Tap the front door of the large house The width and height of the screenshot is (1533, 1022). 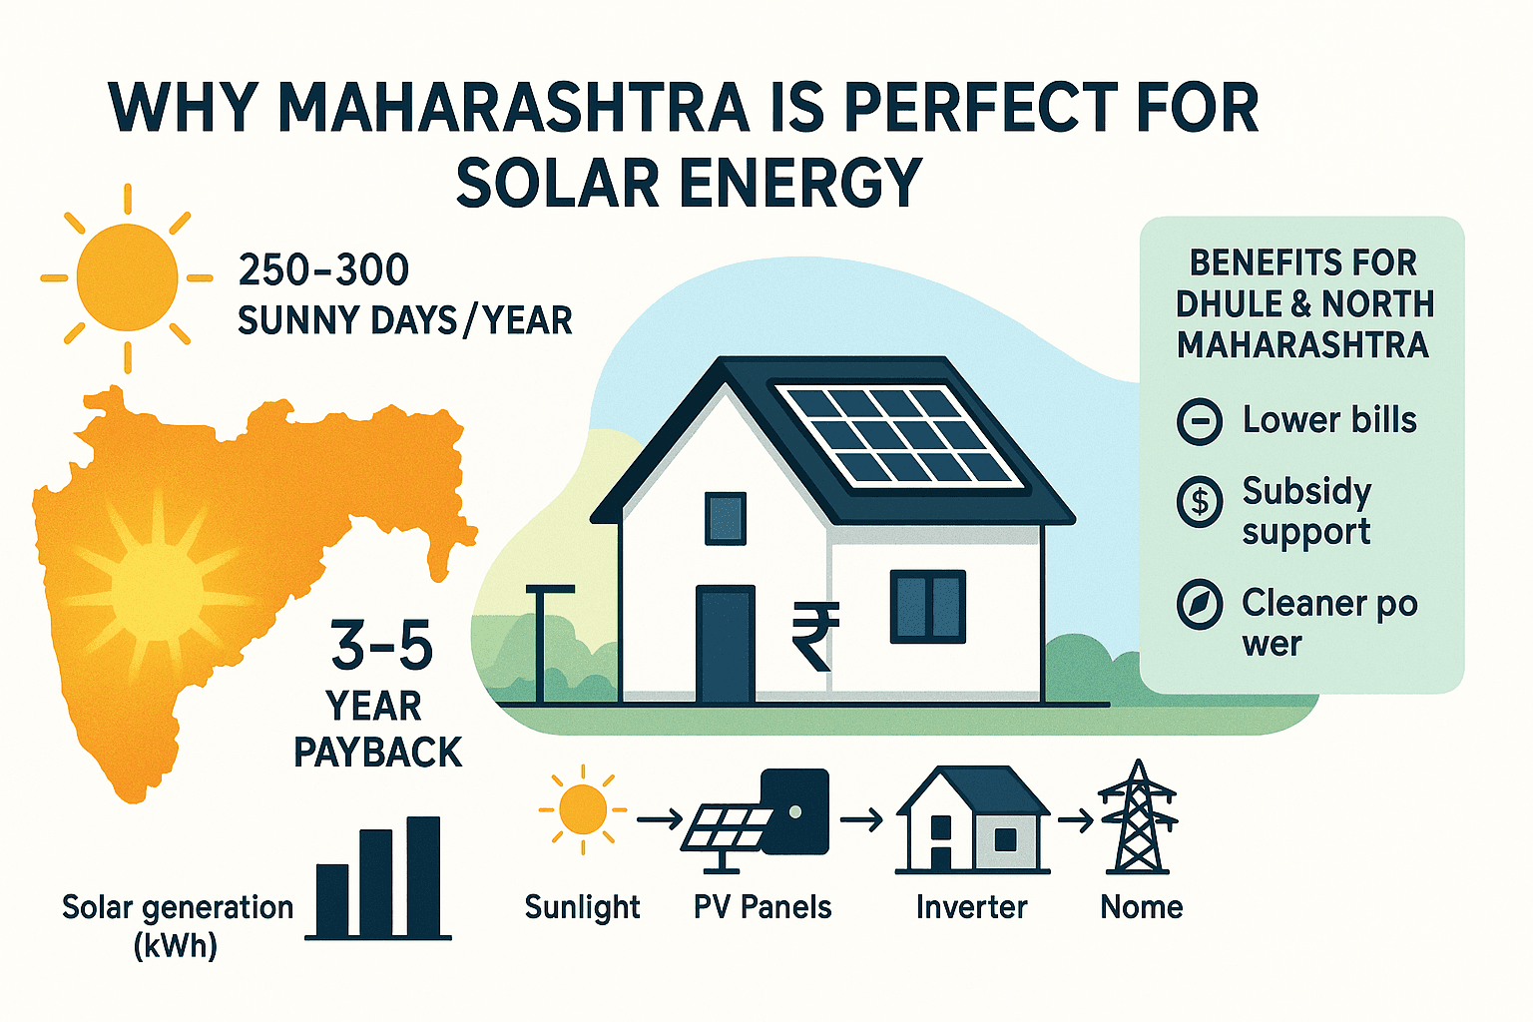725,645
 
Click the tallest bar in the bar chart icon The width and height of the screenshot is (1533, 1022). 423,876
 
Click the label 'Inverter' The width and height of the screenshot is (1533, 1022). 971,907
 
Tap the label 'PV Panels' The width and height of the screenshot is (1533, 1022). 763,907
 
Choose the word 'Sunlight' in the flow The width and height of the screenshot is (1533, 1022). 582,907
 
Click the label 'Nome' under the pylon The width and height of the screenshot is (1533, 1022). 1141,907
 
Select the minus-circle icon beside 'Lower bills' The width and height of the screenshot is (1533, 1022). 1199,421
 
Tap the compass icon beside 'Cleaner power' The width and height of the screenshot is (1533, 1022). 1199,604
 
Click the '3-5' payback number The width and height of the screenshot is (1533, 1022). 382,646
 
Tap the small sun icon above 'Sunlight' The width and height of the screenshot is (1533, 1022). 583,808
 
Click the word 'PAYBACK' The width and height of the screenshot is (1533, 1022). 378,753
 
